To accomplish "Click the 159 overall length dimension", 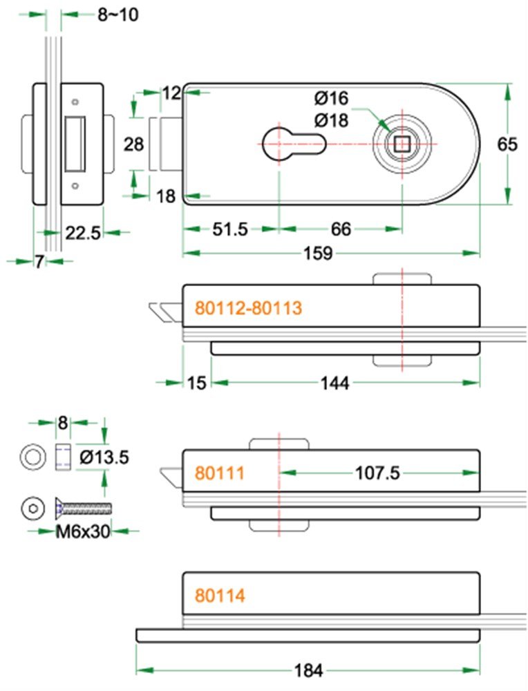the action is tap(318, 254).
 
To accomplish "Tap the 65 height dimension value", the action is tap(507, 144).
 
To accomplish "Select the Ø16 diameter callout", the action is tap(332, 98).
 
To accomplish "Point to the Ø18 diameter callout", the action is tap(332, 120).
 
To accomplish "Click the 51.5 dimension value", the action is tap(230, 229).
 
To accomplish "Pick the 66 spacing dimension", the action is tap(341, 229).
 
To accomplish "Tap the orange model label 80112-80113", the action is tap(249, 307).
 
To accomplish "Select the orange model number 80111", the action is tap(220, 473).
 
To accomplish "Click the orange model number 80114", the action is tap(220, 596).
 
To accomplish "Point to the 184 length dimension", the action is tap(308, 671).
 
